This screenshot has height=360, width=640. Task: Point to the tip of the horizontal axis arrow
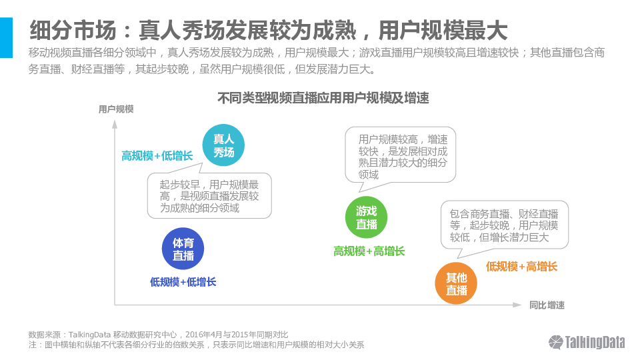coord(521,305)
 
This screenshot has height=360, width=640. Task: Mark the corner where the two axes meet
coord(115,305)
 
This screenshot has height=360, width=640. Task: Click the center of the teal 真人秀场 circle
coord(224,145)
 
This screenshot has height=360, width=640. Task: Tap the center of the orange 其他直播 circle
coord(456,284)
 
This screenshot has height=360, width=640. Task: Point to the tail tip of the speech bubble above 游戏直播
coord(359,192)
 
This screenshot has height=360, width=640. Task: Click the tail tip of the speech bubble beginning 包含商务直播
coord(457,258)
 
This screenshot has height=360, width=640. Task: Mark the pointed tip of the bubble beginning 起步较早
coord(203,163)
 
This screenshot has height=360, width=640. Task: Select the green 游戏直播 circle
coord(366,217)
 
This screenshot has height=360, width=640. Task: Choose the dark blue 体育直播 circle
coord(183,249)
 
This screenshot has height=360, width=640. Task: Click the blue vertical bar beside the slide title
coord(6,37)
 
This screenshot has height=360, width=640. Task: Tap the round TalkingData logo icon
coord(555,342)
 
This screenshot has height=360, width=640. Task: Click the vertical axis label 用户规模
coord(116,109)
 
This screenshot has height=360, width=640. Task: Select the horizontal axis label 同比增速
coord(547,305)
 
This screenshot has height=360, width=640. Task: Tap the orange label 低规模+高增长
coord(521,267)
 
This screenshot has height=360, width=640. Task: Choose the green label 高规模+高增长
coord(369,251)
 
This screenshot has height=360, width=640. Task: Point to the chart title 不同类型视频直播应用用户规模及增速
coord(323,98)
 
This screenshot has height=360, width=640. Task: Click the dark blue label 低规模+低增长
coord(183,282)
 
